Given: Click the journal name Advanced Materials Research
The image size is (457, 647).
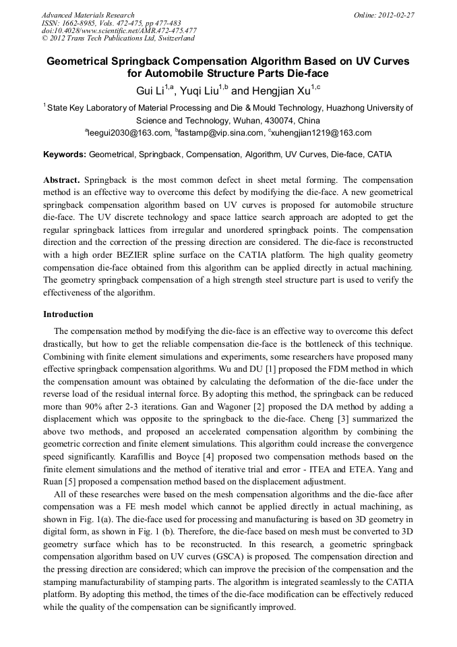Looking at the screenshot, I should (x=88, y=15).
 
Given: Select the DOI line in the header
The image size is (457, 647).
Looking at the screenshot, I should (x=119, y=30).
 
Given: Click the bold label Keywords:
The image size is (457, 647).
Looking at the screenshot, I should (x=65, y=154).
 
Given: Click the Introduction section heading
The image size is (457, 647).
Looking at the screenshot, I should (x=68, y=314).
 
